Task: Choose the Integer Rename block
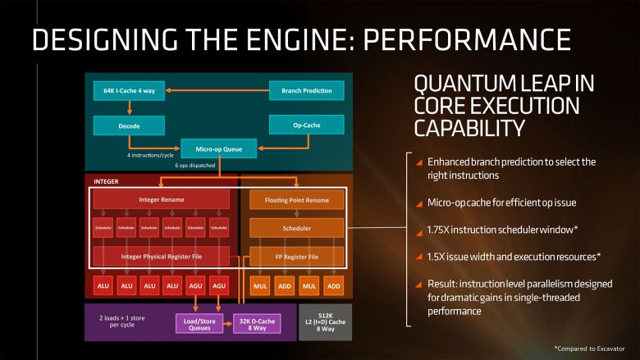[161, 200]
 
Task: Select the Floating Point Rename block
[297, 200]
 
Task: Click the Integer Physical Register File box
[161, 257]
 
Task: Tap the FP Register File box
[297, 257]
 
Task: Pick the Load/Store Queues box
[198, 323]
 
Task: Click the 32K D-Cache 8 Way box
[258, 323]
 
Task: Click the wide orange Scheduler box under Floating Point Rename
[297, 227]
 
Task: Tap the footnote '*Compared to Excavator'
[588, 348]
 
